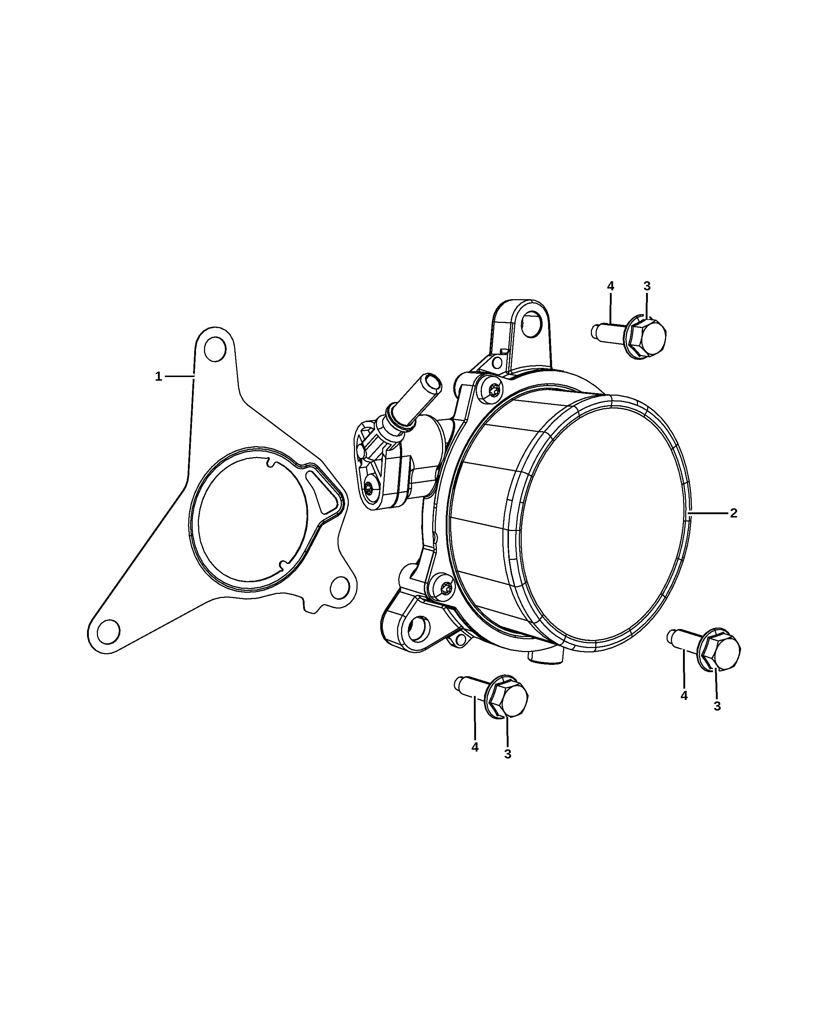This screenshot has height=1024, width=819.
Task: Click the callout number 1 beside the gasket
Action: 159,377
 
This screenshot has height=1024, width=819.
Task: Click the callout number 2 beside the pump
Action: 733,513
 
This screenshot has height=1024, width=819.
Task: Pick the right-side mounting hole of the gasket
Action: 340,588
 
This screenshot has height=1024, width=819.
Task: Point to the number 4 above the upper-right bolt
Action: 611,286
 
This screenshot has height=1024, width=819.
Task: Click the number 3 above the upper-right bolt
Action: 647,286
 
